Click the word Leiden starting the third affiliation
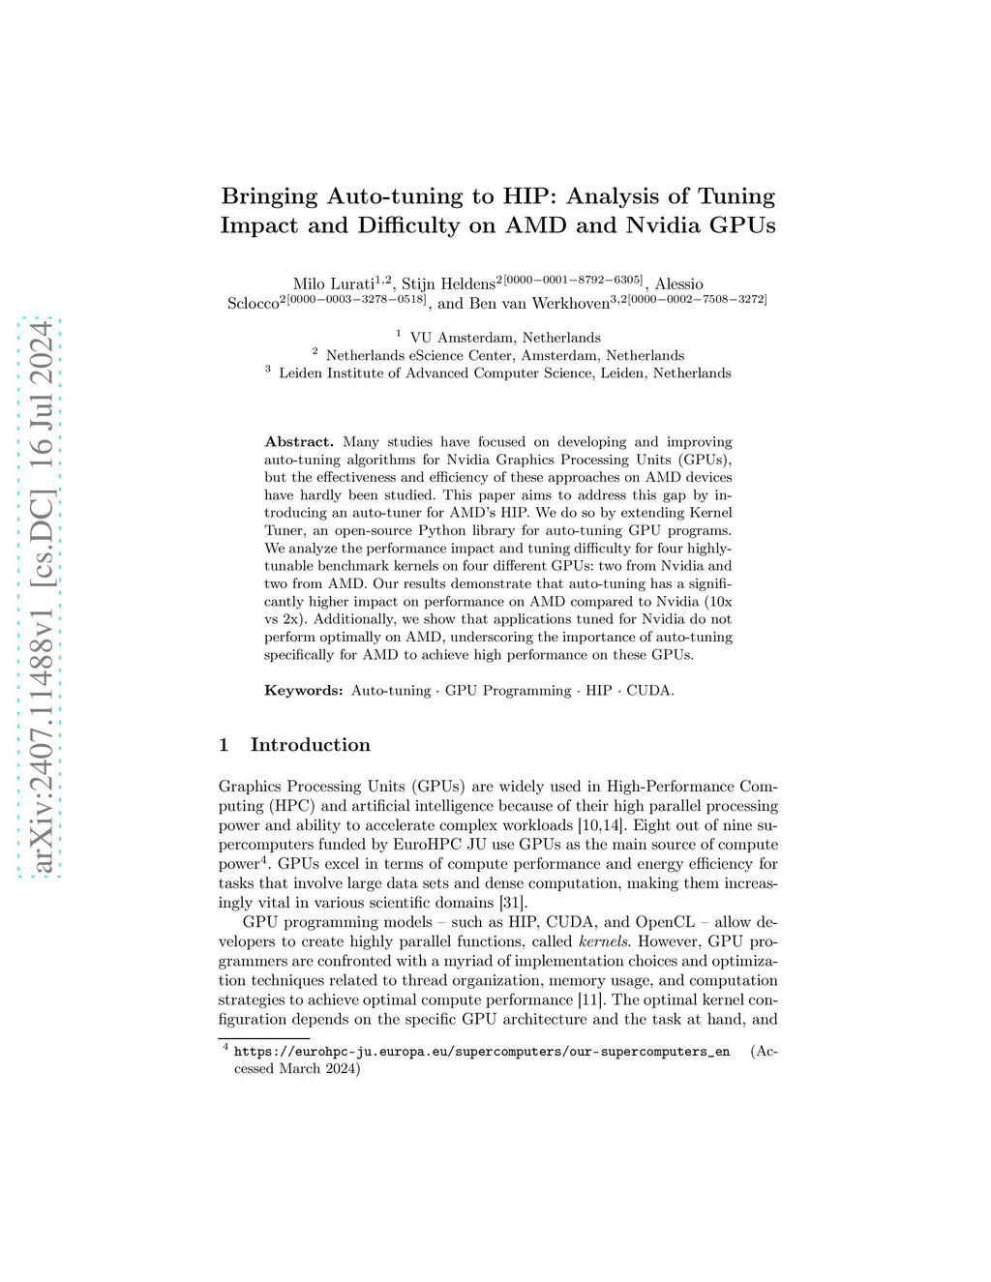pos(299,373)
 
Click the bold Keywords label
pos(303,690)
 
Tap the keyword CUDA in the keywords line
pos(648,690)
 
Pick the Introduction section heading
pos(310,744)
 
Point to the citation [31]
pos(512,903)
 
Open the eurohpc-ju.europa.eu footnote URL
pos(482,1052)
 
